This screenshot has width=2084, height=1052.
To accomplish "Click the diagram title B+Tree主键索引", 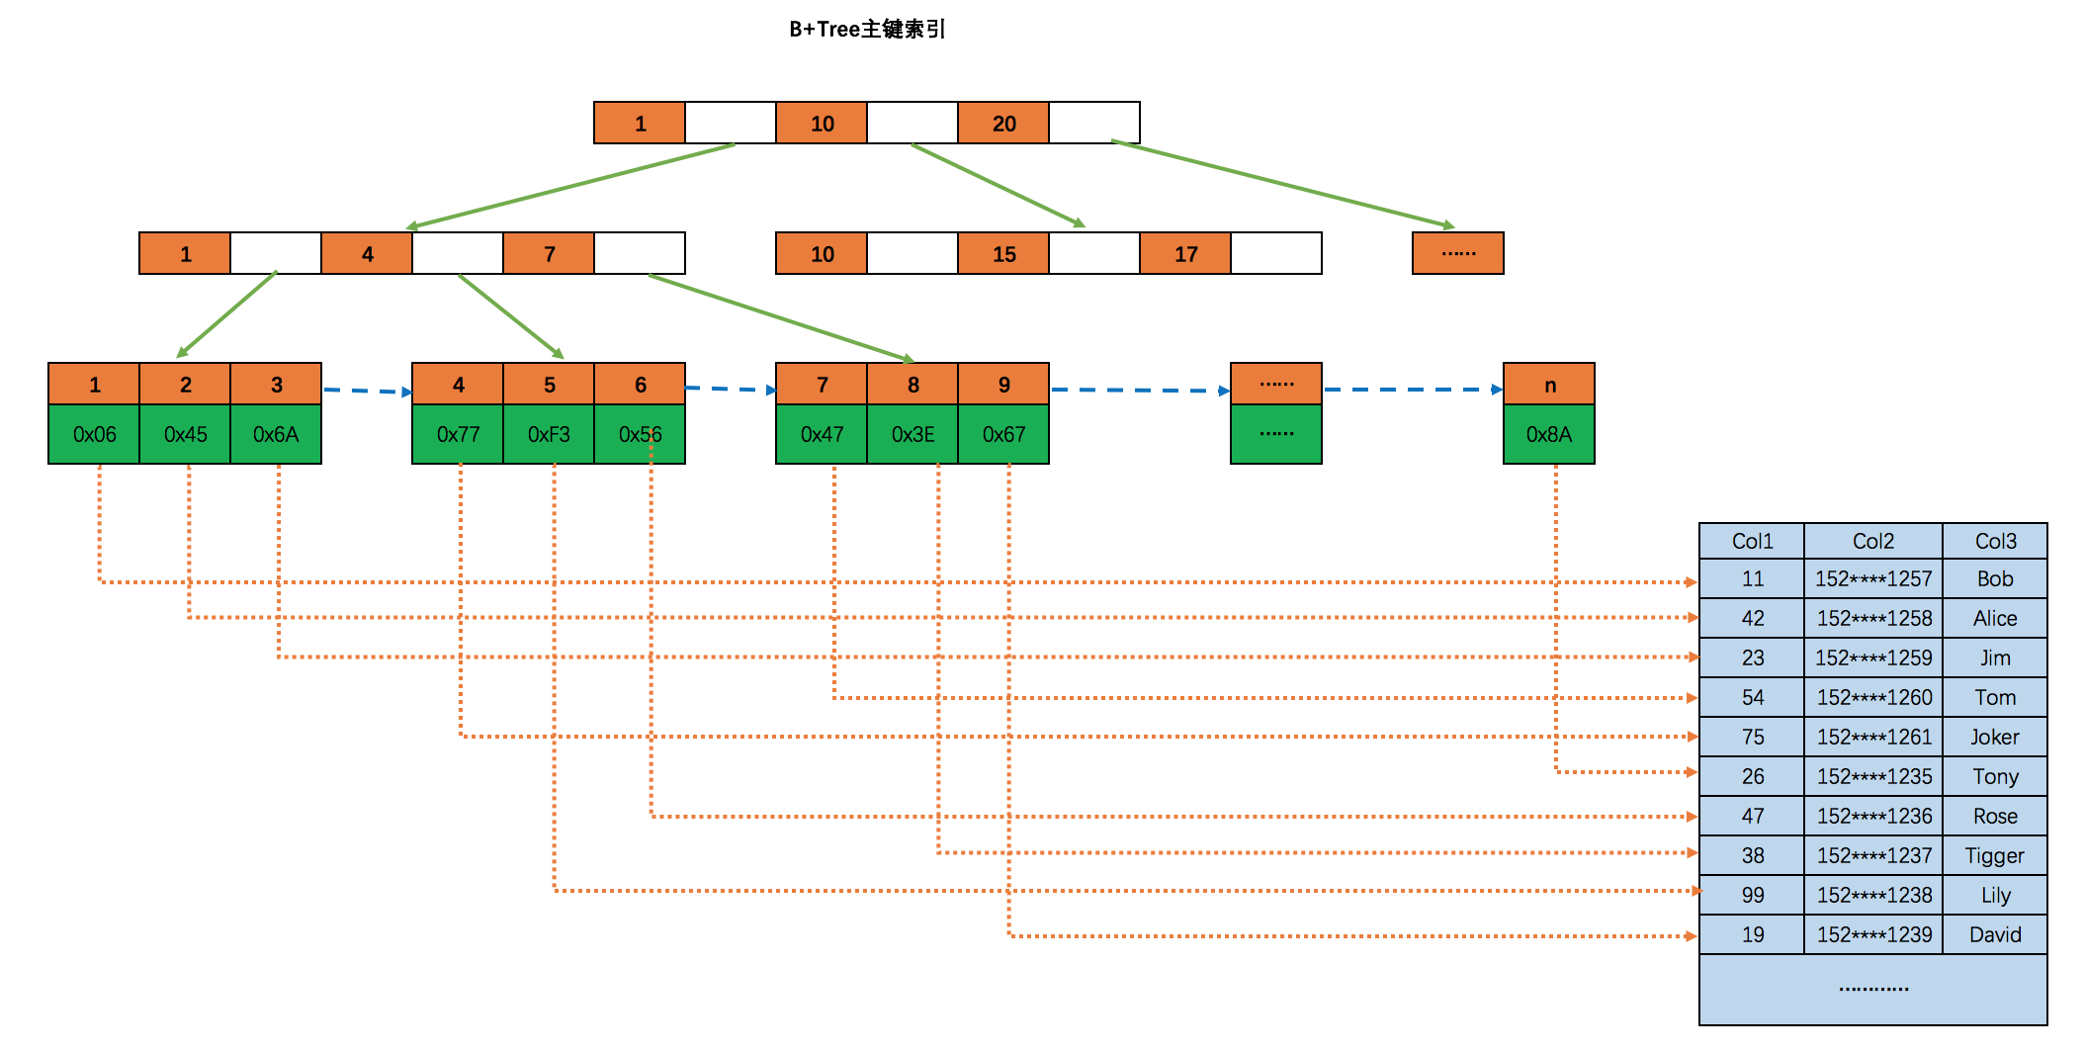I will tap(866, 30).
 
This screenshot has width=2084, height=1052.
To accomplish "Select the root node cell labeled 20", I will tap(1003, 124).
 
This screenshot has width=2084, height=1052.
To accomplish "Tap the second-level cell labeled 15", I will tap(1003, 254).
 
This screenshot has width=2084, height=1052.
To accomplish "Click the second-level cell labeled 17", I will tap(1185, 254).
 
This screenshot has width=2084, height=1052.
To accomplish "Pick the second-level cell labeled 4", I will tap(367, 254).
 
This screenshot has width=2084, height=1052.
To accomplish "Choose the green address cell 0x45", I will tap(185, 434).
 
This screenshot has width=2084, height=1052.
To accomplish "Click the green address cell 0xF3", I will tap(549, 434).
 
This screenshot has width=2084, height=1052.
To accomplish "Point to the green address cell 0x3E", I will tap(912, 434).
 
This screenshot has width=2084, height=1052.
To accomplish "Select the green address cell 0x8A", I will tap(1548, 434).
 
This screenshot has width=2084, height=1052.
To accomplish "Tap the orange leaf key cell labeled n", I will tap(1549, 385).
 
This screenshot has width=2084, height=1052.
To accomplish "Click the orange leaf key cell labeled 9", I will tap(1003, 385).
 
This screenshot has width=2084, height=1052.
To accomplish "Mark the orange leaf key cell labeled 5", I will tap(549, 385).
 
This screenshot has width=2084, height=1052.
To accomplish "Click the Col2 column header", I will tap(1872, 541).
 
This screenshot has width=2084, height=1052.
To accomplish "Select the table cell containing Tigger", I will tap(1994, 855).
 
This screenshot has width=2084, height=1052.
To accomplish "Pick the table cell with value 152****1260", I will tap(1873, 697).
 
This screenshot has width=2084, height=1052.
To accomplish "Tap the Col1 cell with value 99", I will tap(1752, 895).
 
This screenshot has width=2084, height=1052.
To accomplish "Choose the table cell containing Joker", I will tap(1994, 737).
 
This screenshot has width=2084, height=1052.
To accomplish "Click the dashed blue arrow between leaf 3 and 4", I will tap(366, 391).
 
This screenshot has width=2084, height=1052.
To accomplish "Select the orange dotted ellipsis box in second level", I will tap(1458, 254).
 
